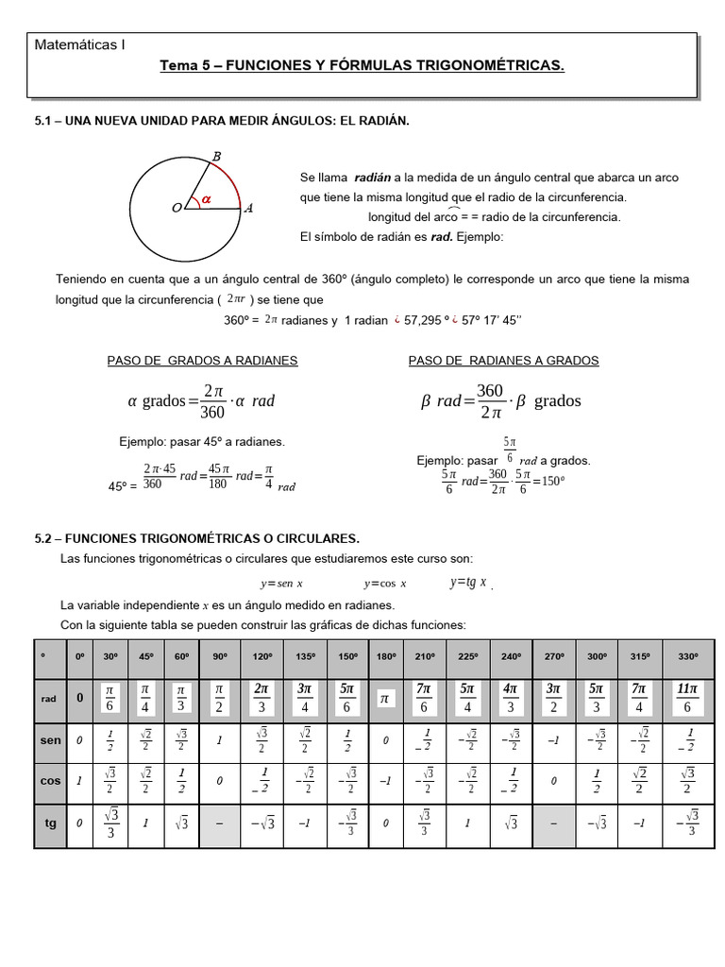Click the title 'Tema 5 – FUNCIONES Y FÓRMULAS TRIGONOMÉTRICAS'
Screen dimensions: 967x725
(x=362, y=66)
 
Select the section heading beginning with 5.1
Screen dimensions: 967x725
(x=222, y=122)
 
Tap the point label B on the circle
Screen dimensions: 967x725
(x=216, y=156)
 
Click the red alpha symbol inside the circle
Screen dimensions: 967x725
(x=207, y=198)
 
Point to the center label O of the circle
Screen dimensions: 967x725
(x=176, y=209)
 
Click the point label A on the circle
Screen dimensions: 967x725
(x=248, y=209)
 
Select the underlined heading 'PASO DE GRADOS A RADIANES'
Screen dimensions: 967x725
(x=203, y=361)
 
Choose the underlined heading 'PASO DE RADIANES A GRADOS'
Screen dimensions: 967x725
(x=503, y=361)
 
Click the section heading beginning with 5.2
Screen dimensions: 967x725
(x=196, y=537)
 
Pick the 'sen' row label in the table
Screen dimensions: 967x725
(x=49, y=742)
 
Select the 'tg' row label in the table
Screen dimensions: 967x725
(x=49, y=823)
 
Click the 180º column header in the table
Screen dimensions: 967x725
(x=384, y=656)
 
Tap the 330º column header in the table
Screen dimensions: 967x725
(x=688, y=656)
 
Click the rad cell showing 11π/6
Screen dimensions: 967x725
(x=688, y=699)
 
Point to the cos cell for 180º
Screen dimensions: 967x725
(x=384, y=782)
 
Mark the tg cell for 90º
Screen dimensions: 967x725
(x=220, y=823)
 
